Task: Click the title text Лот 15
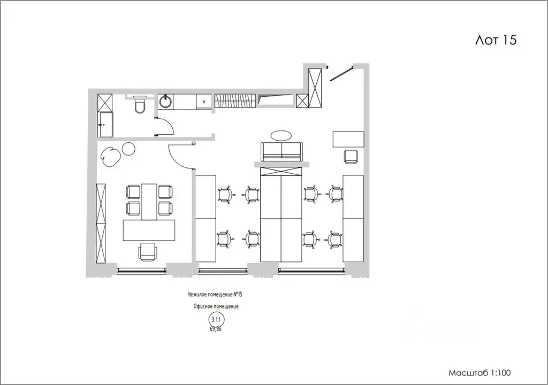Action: coord(496,40)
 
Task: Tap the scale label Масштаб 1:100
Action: coord(479,373)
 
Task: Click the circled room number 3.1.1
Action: coord(217,319)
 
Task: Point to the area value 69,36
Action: coord(216,329)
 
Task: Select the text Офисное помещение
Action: coord(216,306)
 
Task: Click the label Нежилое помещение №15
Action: coord(215,295)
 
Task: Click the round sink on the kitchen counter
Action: coord(165,101)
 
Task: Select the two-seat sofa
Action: coord(281,152)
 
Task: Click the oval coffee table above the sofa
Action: coord(281,136)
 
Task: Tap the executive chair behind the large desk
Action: coord(148,251)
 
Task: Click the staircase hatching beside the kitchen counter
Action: coord(235,101)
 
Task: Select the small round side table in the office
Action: coord(128,149)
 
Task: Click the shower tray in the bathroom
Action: coord(105,125)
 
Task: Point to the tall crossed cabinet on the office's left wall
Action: coord(101,223)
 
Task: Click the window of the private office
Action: coord(141,269)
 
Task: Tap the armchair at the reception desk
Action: coord(351,156)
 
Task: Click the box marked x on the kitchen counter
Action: coord(204,102)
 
